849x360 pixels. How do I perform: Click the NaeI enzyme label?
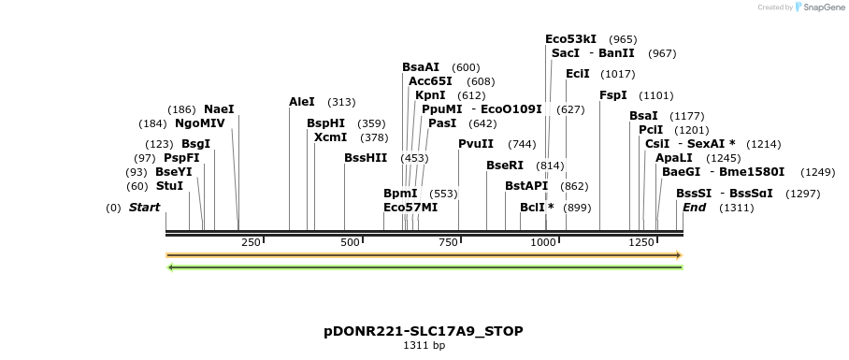pyautogui.click(x=219, y=108)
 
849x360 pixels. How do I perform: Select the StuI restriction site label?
pyautogui.click(x=169, y=186)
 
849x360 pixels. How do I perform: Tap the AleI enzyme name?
pyautogui.click(x=302, y=102)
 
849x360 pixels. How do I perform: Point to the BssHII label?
pyautogui.click(x=366, y=158)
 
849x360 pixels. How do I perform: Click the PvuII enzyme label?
pyautogui.click(x=476, y=144)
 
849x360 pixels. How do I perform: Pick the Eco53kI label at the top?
pyautogui.click(x=570, y=39)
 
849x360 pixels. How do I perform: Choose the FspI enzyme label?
pyautogui.click(x=613, y=95)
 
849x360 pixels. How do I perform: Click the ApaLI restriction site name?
pyautogui.click(x=674, y=158)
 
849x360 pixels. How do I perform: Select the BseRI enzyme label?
pyautogui.click(x=505, y=166)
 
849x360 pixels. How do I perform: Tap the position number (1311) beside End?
pyautogui.click(x=736, y=208)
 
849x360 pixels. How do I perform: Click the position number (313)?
pyautogui.click(x=342, y=102)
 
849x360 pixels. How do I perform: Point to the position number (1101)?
pyautogui.click(x=655, y=95)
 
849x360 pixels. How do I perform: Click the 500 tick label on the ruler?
pyautogui.click(x=351, y=242)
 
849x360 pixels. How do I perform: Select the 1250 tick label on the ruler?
pyautogui.click(x=641, y=242)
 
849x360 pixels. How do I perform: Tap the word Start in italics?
pyautogui.click(x=144, y=208)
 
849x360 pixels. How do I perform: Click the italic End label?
pyautogui.click(x=695, y=208)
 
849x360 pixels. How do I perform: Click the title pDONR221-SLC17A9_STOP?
pyautogui.click(x=424, y=331)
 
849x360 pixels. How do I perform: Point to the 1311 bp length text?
pyautogui.click(x=424, y=346)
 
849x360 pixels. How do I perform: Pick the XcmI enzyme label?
pyautogui.click(x=330, y=137)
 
